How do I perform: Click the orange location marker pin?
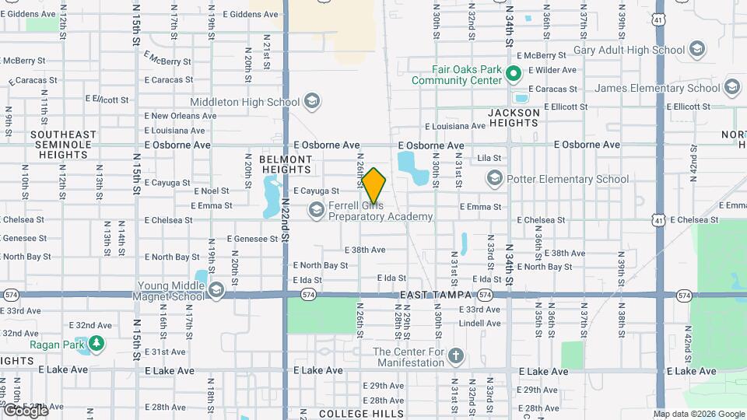click(373, 186)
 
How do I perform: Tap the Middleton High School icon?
click(312, 102)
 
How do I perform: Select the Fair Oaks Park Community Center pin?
click(513, 75)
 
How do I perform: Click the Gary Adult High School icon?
click(696, 51)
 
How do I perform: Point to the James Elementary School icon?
click(731, 87)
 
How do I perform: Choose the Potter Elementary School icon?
click(494, 179)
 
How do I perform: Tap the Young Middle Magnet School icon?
click(216, 291)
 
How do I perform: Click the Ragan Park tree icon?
click(96, 343)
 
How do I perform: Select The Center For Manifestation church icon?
click(455, 357)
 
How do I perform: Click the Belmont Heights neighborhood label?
click(286, 163)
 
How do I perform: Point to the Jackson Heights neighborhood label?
click(514, 118)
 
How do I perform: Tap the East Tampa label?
click(436, 296)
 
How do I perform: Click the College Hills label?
click(362, 414)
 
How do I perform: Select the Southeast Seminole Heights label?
click(64, 145)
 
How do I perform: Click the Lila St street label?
click(489, 159)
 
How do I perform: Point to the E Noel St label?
click(210, 191)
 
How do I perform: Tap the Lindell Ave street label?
click(479, 323)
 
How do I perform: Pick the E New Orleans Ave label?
click(181, 116)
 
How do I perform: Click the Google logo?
click(25, 410)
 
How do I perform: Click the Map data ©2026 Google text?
click(699, 414)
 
